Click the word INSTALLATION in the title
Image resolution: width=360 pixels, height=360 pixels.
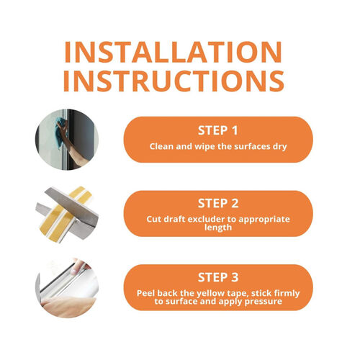coord(173,52)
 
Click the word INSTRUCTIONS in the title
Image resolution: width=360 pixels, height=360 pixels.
coord(174,81)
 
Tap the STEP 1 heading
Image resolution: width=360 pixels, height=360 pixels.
coord(218,130)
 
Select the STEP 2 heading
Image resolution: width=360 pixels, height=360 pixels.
coord(218,203)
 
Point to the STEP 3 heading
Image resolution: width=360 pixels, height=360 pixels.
coord(218,277)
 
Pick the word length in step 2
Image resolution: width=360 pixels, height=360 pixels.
coord(218,228)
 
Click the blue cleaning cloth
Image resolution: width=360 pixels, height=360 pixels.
coord(61,131)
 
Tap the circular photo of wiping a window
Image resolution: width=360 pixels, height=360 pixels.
coord(67,140)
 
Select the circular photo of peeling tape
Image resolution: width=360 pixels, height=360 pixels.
coord(67,287)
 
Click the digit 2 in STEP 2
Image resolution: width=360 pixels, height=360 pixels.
coord(235,203)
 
